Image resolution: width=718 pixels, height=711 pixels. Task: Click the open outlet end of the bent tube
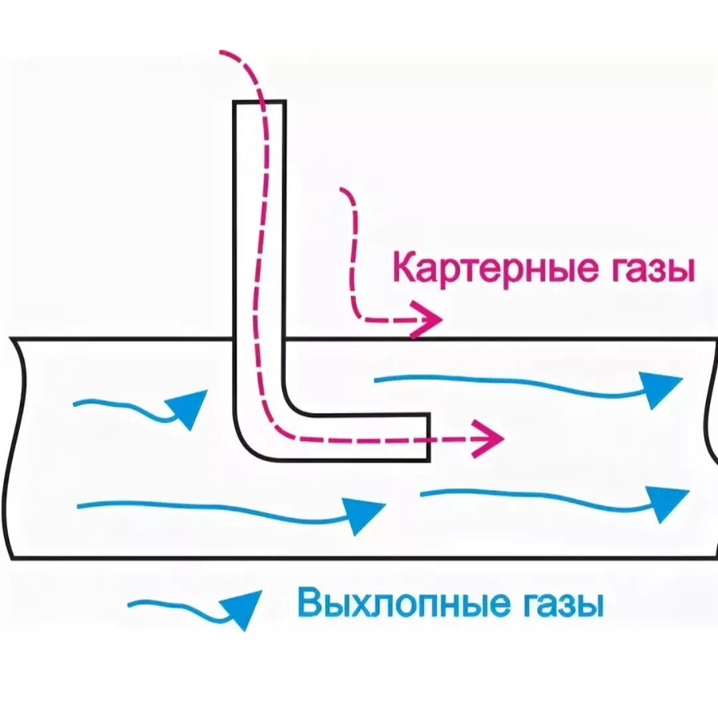428,437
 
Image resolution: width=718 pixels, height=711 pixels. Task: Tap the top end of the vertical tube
259,102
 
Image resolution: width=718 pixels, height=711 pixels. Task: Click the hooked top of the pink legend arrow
344,191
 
